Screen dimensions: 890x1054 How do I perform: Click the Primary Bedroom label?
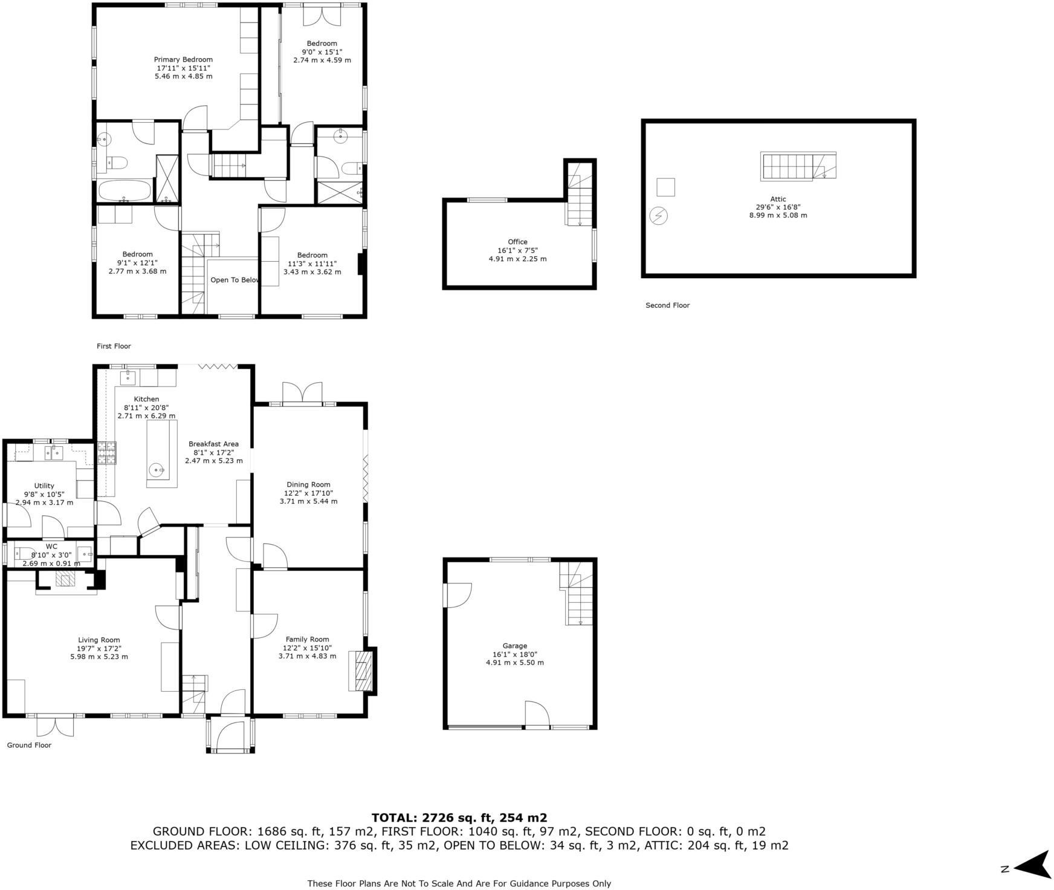183,59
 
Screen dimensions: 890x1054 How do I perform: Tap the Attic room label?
778,199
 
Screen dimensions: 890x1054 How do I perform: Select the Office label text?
517,242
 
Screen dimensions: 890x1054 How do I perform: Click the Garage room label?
515,646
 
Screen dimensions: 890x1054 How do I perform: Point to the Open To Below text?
235,280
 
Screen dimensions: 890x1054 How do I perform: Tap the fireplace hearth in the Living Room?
64,580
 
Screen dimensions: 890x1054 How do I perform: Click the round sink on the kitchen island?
157,469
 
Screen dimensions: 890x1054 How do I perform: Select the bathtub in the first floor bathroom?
124,191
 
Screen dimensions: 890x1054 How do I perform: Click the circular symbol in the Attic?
658,216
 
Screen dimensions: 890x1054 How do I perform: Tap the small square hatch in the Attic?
665,187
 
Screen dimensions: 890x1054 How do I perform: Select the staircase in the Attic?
798,166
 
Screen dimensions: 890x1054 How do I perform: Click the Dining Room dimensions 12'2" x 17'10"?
308,493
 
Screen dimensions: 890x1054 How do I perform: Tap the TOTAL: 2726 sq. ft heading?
459,818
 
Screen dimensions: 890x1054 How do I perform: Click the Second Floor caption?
667,305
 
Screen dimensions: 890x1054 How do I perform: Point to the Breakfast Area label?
213,444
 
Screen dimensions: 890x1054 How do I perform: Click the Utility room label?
44,486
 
